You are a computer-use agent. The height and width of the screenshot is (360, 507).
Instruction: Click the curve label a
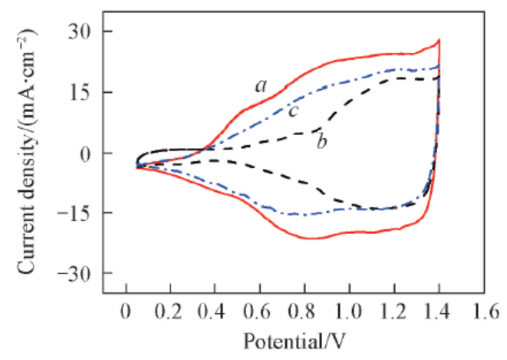[x=260, y=87]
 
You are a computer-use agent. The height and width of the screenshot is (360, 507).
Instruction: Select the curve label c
[x=293, y=111]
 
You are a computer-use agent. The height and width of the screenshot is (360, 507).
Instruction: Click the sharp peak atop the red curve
[x=439, y=41]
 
